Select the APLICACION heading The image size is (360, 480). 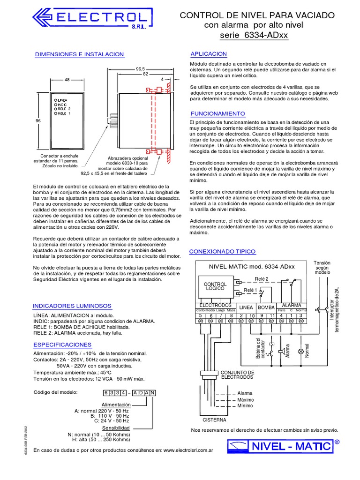tap(208, 54)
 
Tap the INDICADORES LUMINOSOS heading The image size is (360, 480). tap(72, 306)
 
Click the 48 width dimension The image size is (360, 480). tap(67, 80)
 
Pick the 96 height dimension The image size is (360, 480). tap(39, 120)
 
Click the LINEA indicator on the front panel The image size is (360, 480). tap(62, 101)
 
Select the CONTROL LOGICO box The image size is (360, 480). tap(215, 286)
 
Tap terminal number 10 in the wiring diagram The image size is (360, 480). tap(252, 316)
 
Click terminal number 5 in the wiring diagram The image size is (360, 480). tap(200, 316)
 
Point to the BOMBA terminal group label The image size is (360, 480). tap(266, 307)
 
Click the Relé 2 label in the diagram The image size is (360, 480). tap(261, 279)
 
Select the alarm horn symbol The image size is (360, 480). tap(280, 351)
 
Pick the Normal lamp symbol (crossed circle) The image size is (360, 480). tap(300, 351)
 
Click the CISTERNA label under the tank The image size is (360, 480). tap(214, 420)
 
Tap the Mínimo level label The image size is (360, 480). tap(245, 406)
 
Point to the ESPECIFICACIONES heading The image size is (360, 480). tap(65, 345)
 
